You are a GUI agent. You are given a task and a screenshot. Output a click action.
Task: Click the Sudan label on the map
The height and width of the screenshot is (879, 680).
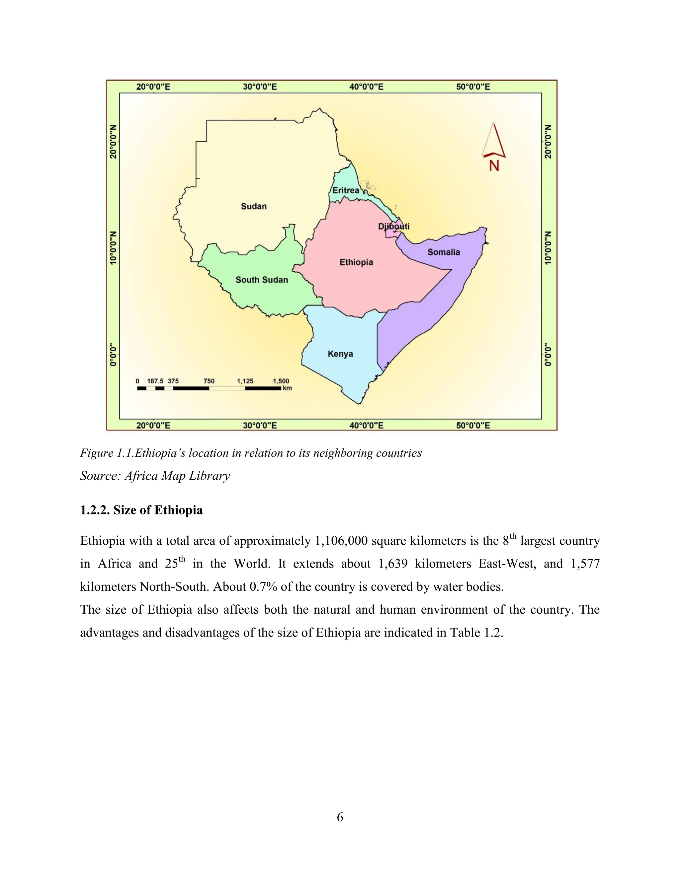(254, 206)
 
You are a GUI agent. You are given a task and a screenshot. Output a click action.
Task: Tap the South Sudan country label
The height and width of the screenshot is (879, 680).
(262, 280)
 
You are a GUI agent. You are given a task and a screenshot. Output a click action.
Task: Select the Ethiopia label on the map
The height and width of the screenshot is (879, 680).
(356, 262)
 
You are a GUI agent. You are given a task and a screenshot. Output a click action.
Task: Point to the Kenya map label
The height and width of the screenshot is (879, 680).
(340, 354)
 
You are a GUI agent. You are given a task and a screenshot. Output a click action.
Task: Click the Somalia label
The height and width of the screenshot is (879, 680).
(444, 252)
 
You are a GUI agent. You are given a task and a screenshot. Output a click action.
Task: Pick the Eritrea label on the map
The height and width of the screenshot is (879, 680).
(346, 190)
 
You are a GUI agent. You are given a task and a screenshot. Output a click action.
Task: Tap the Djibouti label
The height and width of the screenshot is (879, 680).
(393, 226)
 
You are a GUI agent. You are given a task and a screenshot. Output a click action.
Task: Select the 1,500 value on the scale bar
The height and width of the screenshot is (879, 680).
(281, 381)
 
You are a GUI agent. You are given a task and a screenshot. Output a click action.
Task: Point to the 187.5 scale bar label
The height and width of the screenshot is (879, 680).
(155, 381)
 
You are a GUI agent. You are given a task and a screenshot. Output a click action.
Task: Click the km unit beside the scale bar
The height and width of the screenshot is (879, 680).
(287, 388)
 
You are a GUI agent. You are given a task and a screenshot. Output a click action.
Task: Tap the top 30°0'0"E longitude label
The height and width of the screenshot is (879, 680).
(260, 87)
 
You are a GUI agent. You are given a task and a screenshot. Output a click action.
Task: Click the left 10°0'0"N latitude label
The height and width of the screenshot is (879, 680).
(114, 248)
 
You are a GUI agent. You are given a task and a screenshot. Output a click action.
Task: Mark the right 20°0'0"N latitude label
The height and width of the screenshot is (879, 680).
(548, 142)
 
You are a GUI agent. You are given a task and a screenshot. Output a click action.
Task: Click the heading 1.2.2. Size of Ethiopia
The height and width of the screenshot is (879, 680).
(141, 510)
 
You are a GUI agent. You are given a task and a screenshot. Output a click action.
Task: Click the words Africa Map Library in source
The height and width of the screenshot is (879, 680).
(177, 476)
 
